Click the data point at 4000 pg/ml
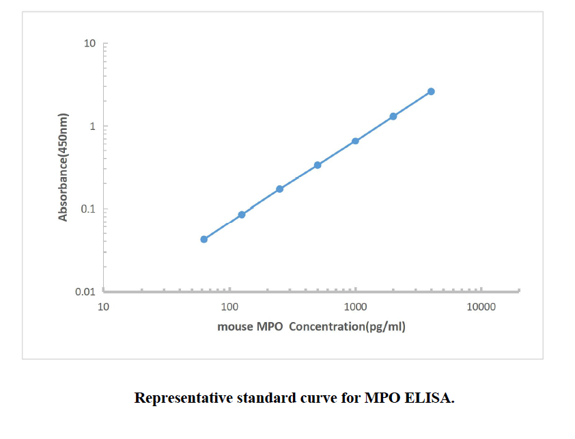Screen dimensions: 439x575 pos(431,92)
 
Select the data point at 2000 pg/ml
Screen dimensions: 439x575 pos(393,116)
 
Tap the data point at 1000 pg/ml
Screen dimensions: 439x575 pos(355,141)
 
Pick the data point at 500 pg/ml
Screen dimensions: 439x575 pos(318,165)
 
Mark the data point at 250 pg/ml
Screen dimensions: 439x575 pos(279,189)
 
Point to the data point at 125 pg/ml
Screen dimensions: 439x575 pos(242,215)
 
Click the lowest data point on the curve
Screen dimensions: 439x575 pos(204,239)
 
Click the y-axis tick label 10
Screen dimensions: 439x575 pos(89,44)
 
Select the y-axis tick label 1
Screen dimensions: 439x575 pos(92,127)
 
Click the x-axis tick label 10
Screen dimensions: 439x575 pos(104,307)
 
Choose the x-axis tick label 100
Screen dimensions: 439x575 pos(229,307)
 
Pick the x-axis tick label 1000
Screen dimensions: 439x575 pos(355,307)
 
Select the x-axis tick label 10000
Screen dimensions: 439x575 pos(481,307)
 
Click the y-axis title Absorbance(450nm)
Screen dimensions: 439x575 pos(64,167)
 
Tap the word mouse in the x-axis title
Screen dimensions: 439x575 pos(235,327)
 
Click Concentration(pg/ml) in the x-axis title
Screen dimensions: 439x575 pos(347,327)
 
